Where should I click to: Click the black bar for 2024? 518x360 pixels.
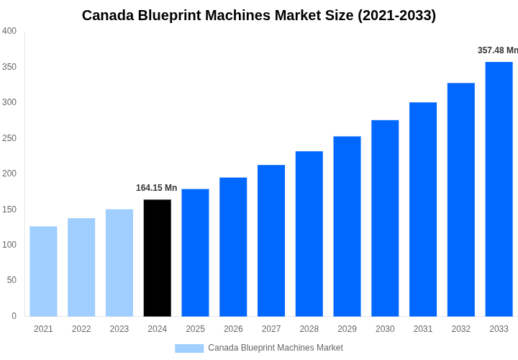[157, 258]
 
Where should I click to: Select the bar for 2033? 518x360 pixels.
[499, 189]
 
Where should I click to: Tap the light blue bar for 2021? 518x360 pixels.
[43, 271]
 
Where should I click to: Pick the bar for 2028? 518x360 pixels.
[309, 233]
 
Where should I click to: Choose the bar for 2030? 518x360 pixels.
[385, 218]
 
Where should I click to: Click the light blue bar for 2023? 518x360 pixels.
[119, 263]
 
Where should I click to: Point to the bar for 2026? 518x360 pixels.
[233, 247]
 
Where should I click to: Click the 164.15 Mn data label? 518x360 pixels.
[156, 188]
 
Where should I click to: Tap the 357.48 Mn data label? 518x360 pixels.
[497, 50]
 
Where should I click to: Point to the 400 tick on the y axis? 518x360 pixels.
[9, 31]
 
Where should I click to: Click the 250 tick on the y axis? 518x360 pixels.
[9, 138]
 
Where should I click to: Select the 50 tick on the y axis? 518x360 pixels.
[12, 280]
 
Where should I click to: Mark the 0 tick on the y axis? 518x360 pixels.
[14, 315]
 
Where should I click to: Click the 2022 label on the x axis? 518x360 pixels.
[81, 329]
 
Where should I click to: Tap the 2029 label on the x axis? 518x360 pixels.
[347, 329]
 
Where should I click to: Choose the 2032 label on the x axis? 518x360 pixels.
[460, 329]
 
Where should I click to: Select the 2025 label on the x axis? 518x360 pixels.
[195, 329]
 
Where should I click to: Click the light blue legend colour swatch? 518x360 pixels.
[189, 348]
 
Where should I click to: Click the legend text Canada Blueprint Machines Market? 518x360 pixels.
[276, 348]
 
